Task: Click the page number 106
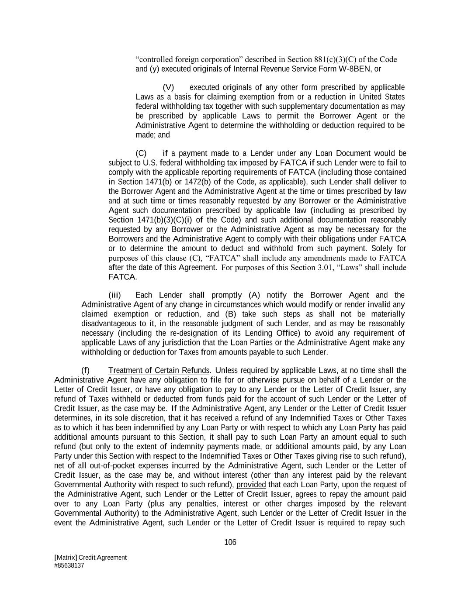[x=230, y=542]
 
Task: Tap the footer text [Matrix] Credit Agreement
[x=90, y=557]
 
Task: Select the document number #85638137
[x=69, y=565]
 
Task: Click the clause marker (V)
[x=168, y=87]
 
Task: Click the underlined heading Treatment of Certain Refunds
[x=159, y=371]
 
